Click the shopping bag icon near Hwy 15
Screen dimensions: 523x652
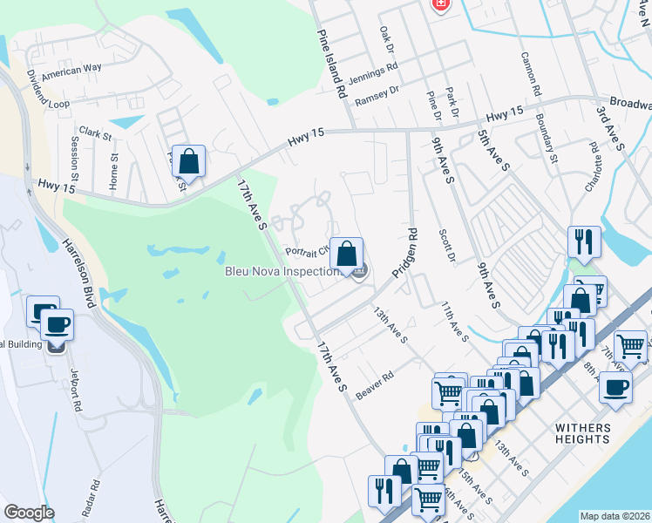tap(188, 161)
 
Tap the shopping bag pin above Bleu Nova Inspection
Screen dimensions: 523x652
tap(346, 255)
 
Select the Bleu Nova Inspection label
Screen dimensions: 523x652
tap(282, 271)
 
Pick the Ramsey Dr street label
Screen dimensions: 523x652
tap(377, 90)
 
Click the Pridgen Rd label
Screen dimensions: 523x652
tap(406, 254)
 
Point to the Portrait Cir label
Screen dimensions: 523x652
tap(306, 250)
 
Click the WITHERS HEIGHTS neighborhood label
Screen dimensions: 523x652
tap(583, 433)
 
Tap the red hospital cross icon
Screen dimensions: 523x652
tap(440, 4)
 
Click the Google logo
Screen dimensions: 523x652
tap(29, 512)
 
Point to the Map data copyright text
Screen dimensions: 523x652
tap(615, 515)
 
